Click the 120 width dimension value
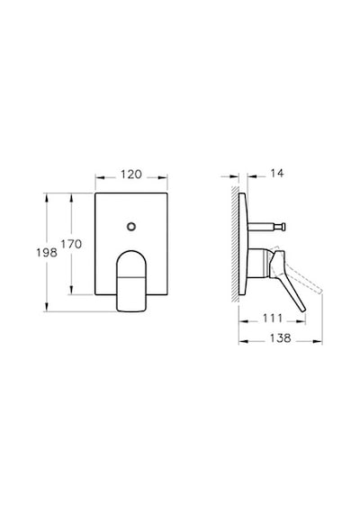131,175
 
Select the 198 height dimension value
47,252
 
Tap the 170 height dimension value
71,244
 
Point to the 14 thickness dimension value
277,173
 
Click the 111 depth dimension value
273,318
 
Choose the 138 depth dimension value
280,338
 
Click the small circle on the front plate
131,227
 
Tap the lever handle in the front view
131,281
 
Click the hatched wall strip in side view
235,244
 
